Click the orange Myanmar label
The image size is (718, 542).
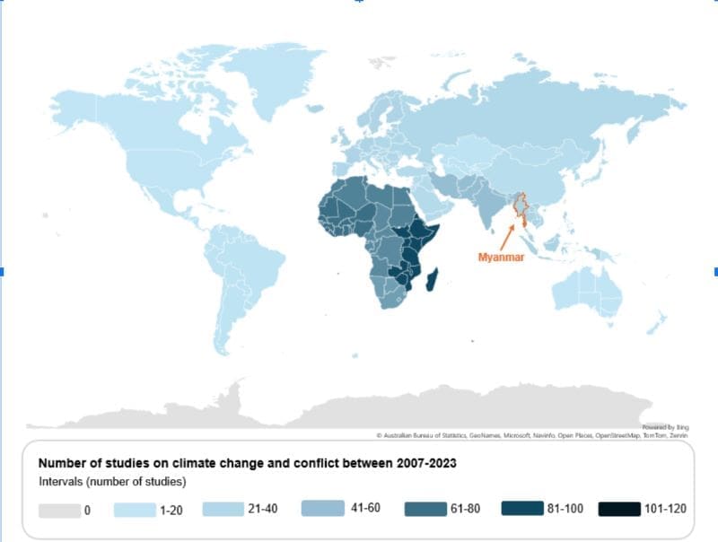click(x=498, y=256)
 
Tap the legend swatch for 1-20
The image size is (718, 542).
click(x=135, y=509)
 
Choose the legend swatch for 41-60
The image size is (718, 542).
click(x=320, y=509)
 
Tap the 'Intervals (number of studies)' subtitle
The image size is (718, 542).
click(x=111, y=483)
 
